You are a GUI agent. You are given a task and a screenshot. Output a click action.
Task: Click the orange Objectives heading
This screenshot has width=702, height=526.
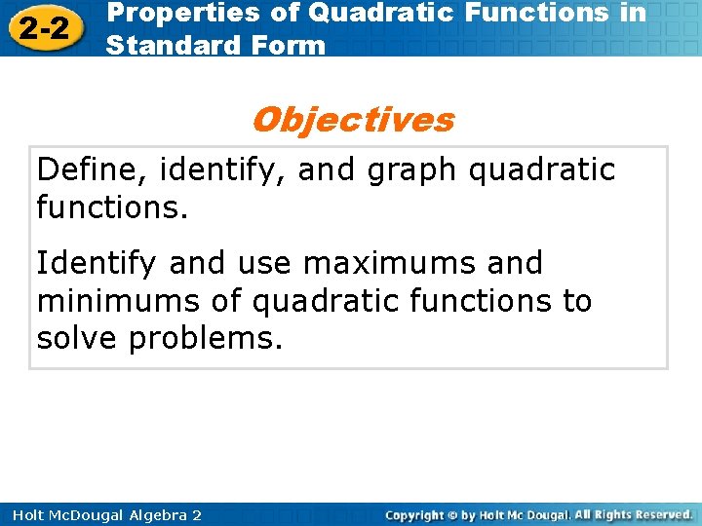coord(352,120)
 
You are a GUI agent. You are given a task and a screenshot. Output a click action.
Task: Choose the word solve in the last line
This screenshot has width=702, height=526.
coord(77,338)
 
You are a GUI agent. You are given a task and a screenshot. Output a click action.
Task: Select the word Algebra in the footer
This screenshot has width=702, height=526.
coord(150,514)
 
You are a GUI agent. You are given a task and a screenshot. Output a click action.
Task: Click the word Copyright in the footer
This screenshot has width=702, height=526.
coord(417,514)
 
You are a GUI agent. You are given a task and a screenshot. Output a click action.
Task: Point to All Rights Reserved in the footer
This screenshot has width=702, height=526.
coord(633,514)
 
